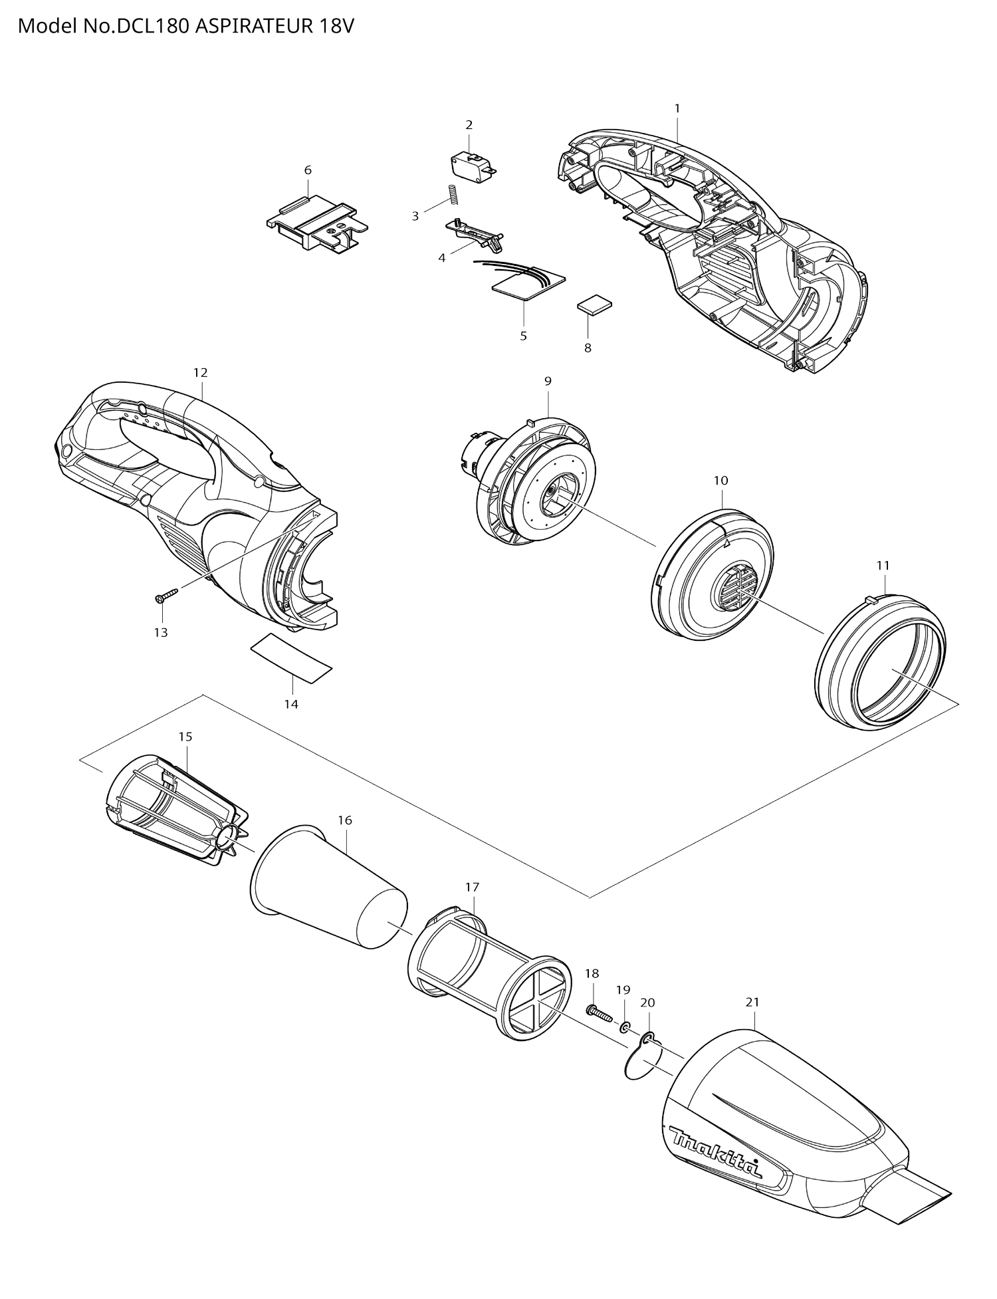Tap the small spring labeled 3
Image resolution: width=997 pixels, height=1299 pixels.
pyautogui.click(x=451, y=195)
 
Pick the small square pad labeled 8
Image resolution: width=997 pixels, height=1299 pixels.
pyautogui.click(x=593, y=305)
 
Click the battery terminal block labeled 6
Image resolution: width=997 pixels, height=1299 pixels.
pyautogui.click(x=316, y=224)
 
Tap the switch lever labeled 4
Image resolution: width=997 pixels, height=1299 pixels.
pyautogui.click(x=476, y=234)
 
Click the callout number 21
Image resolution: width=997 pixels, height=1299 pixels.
pyautogui.click(x=752, y=1002)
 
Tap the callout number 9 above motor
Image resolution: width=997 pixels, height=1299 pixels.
pyautogui.click(x=548, y=381)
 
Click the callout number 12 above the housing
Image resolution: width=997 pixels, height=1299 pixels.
pyautogui.click(x=200, y=372)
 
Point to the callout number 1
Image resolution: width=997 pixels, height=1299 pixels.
pyautogui.click(x=677, y=108)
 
